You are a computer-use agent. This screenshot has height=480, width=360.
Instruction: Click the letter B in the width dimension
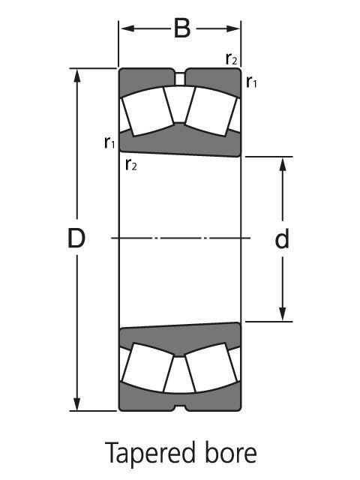point(181,29)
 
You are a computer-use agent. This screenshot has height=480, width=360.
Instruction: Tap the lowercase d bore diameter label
point(282,239)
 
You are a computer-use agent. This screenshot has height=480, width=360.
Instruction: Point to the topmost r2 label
point(232,58)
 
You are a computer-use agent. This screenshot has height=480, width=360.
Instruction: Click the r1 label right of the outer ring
point(252,82)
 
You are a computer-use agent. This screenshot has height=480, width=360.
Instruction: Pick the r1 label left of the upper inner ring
point(109,142)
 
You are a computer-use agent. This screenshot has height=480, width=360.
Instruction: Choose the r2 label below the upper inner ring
point(131,164)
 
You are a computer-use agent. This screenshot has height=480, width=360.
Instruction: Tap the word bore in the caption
point(227,454)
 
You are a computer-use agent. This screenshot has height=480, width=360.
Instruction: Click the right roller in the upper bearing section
point(212,111)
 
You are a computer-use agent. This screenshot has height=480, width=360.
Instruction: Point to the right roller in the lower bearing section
point(212,368)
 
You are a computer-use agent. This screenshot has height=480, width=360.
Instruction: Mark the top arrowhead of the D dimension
point(76,75)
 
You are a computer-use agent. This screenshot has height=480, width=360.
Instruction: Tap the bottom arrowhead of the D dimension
point(76,405)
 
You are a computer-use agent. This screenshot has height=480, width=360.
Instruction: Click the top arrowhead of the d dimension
point(283,163)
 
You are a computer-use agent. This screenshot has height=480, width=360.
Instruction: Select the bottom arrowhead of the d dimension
point(283,316)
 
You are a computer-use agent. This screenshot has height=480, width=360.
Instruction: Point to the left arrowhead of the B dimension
point(125,29)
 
